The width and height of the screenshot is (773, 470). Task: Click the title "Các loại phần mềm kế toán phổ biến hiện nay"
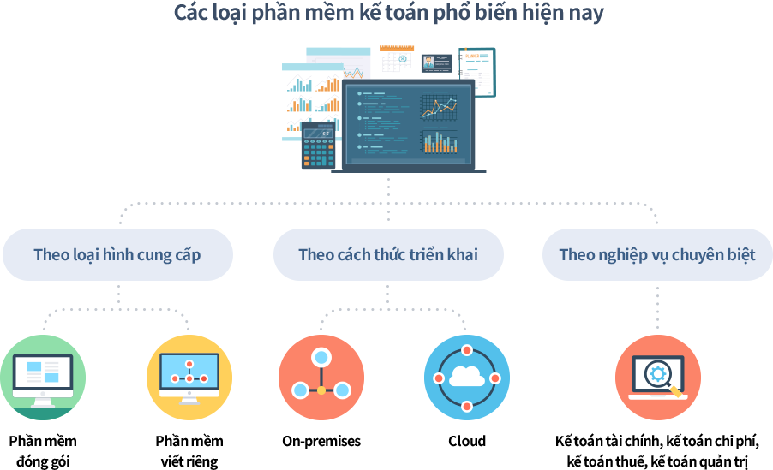coord(388,14)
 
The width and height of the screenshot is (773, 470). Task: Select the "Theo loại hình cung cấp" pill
coord(117,255)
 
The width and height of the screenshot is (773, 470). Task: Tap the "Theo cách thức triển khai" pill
coord(388,255)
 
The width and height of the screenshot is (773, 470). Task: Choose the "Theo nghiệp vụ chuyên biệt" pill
coord(657,255)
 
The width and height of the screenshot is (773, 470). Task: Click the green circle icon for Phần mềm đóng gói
coord(43,378)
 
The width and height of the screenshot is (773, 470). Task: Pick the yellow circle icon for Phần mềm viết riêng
coord(189,378)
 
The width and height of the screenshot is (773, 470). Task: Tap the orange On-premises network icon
coord(321,378)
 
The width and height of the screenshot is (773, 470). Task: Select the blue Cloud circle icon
coord(467,378)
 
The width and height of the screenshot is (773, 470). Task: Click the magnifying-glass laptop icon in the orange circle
coord(657,378)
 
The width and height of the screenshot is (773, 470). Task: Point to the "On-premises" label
coord(321,441)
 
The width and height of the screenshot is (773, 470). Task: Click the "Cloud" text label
coord(467,441)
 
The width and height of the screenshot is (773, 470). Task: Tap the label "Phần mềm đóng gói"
coord(43,451)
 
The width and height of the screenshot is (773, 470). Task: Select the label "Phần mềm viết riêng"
coord(189,451)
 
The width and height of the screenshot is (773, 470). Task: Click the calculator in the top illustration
coord(319,145)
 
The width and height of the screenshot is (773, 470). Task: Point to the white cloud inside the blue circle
coord(467,377)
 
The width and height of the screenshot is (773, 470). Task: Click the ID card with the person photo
coord(437,63)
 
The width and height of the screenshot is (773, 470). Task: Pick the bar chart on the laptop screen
coord(440,141)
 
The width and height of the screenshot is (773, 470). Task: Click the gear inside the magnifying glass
coord(657,373)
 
